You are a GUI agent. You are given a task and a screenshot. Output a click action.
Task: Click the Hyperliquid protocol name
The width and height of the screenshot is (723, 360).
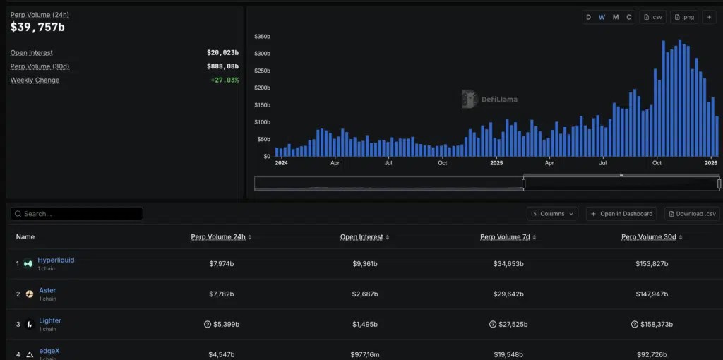(56, 260)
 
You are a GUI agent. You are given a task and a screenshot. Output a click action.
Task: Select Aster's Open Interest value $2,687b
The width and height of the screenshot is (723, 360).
(365, 294)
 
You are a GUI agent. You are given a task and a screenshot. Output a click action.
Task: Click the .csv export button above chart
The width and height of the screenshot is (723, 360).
(652, 17)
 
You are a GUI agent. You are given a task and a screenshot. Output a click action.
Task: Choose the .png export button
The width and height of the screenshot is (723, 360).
(683, 17)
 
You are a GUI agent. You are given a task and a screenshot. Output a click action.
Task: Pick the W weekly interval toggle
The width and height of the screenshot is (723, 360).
(602, 17)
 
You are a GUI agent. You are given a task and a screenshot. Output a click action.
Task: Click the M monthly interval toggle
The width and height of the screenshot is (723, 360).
(616, 17)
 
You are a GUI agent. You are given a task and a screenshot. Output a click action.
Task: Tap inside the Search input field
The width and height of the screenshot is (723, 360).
(76, 214)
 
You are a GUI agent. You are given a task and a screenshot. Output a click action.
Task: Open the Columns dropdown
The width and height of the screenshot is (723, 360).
(552, 214)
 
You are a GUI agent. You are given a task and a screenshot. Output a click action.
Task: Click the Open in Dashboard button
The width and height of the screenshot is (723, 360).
(621, 214)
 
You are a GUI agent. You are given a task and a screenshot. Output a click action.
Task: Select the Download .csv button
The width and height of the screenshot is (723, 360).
(692, 214)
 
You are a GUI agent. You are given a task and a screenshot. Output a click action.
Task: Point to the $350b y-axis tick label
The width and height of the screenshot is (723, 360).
(262, 37)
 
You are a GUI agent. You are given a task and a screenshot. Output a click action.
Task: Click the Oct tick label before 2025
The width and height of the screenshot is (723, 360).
(442, 163)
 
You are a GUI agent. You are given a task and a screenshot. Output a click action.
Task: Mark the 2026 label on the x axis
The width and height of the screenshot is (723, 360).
(711, 163)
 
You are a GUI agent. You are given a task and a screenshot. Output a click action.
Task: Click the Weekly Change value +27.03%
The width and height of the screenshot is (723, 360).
(225, 80)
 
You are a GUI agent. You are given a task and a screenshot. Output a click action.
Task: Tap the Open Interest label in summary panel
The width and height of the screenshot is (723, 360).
(31, 52)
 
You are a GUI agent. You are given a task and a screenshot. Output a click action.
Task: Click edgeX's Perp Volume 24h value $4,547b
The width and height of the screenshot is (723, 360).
(221, 355)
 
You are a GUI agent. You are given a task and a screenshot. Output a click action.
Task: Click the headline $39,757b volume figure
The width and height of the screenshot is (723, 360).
(38, 28)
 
